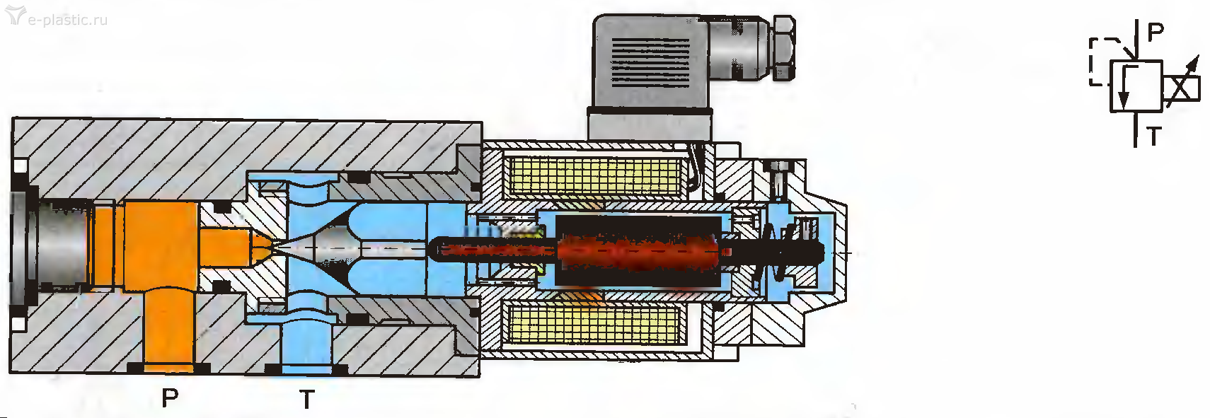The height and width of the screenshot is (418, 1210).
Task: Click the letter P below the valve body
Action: click(x=170, y=397)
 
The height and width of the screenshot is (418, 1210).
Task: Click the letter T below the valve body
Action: click(x=307, y=399)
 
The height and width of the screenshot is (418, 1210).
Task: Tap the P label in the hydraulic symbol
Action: click(x=1155, y=33)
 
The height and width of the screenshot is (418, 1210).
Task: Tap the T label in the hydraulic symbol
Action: click(x=1153, y=136)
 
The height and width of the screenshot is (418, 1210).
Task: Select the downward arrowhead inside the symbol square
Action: click(x=1124, y=100)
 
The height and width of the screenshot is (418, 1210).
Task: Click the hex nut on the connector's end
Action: click(x=784, y=47)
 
